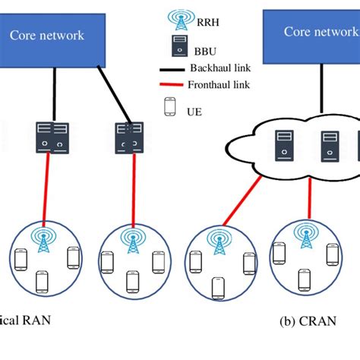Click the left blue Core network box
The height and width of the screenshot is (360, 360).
[x=52, y=36]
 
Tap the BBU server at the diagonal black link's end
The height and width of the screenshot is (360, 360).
[x=127, y=137]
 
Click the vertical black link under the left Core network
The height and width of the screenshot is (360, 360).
[x=53, y=93]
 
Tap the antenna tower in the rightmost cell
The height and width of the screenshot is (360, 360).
[x=308, y=237]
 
